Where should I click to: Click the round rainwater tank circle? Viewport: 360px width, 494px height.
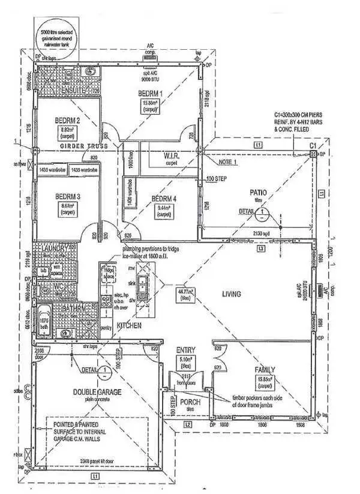coord(59,33)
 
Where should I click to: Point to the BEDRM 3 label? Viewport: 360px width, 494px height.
coord(68,196)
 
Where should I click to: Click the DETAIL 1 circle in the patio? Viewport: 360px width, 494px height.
coord(262,211)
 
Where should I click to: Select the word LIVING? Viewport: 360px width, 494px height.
coord(231,294)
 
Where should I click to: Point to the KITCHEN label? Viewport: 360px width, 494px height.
coord(129,326)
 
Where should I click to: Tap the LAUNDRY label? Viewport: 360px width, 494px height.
coord(50,247)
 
